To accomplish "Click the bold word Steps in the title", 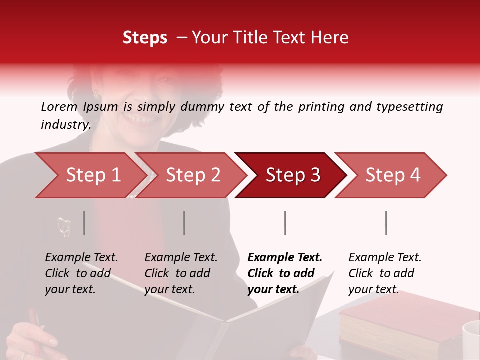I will coord(145,38).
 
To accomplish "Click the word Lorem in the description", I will coord(59,106).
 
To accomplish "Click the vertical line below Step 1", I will coord(84,223).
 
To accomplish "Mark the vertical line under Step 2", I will coord(184,223).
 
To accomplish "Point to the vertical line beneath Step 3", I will coord(285,223).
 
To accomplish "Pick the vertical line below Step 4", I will coord(386,223).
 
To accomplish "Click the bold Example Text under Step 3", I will coord(285,258).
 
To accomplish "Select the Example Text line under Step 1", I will coord(81,258).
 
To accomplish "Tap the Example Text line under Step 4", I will coord(385,258).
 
